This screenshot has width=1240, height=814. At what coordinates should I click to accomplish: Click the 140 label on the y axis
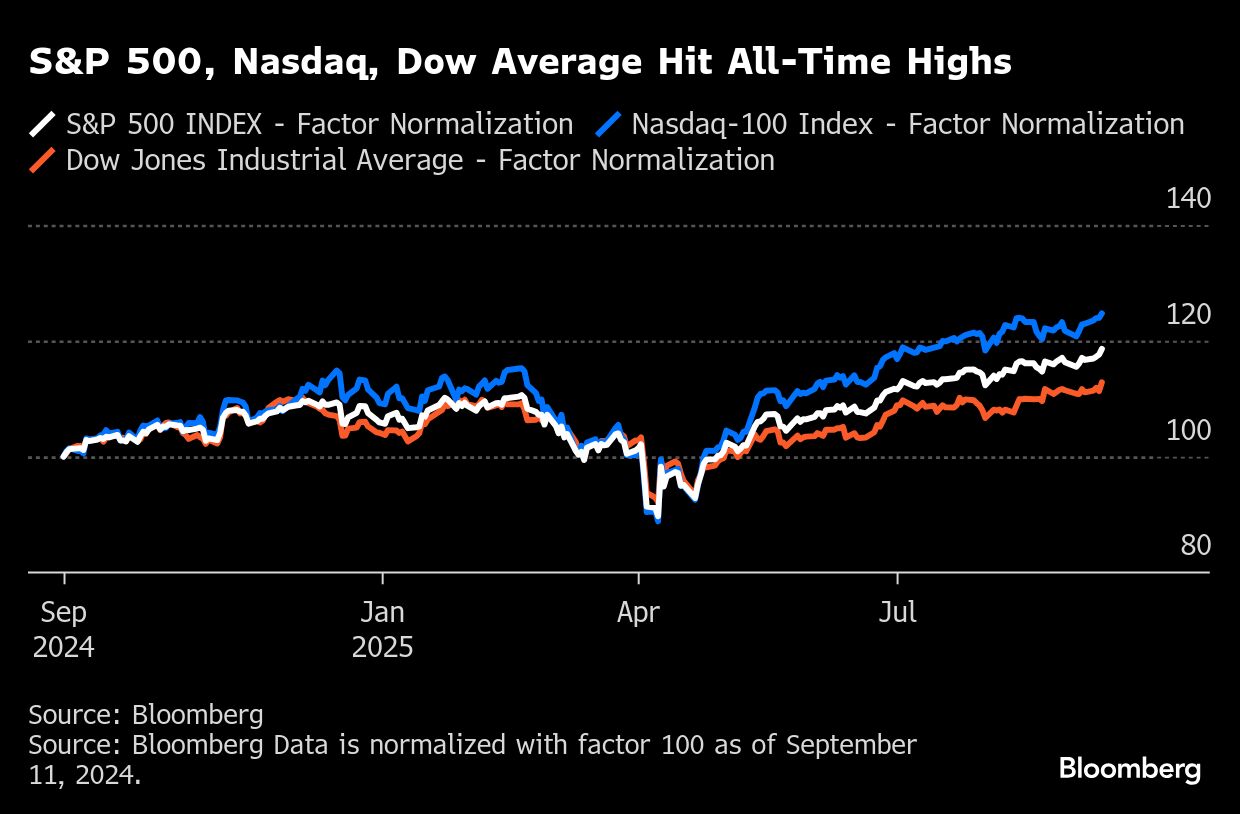click(1188, 198)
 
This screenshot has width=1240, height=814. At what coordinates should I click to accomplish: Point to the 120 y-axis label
click(1188, 314)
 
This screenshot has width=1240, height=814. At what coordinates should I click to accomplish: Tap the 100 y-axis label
click(1188, 430)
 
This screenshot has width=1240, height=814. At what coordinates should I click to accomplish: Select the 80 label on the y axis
click(1195, 545)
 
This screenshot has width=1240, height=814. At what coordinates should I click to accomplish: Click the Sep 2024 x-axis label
click(64, 629)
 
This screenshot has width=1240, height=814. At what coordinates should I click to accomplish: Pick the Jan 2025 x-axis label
click(382, 629)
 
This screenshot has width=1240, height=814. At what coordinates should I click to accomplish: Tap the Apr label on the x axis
click(638, 612)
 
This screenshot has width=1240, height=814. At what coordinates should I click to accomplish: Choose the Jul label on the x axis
click(897, 612)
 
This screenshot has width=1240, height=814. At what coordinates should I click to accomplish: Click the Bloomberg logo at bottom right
click(1129, 769)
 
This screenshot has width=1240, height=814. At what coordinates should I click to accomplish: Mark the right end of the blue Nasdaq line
click(1102, 314)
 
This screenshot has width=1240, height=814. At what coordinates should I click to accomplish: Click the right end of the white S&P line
click(1102, 349)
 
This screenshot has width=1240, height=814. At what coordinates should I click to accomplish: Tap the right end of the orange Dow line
click(1102, 383)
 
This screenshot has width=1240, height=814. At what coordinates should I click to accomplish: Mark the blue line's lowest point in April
click(657, 521)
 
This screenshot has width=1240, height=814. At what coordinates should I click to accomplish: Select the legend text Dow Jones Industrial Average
click(264, 160)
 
